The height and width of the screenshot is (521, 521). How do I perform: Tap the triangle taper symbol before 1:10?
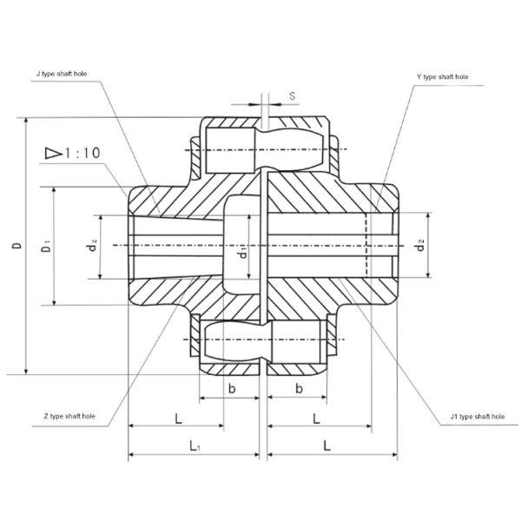51,153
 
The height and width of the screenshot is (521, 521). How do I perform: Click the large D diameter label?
16,247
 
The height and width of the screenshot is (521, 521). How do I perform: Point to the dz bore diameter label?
91,247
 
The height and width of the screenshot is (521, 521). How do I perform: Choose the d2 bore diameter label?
419,247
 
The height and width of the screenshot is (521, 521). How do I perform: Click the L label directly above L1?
177,419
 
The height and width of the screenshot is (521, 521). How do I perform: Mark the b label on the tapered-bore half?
231,387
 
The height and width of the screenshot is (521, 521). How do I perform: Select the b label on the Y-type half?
298,387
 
